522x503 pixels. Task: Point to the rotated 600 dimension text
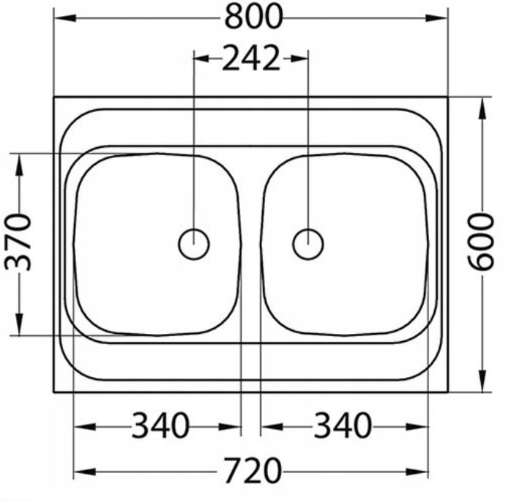(x=480, y=242)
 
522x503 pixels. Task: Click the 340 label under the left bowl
(x=160, y=425)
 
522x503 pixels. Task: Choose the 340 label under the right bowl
(x=343, y=425)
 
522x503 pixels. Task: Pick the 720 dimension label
(x=252, y=471)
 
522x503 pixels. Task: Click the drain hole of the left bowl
(x=194, y=244)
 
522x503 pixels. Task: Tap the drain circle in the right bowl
(x=308, y=244)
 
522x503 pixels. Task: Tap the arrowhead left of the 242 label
(x=203, y=59)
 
